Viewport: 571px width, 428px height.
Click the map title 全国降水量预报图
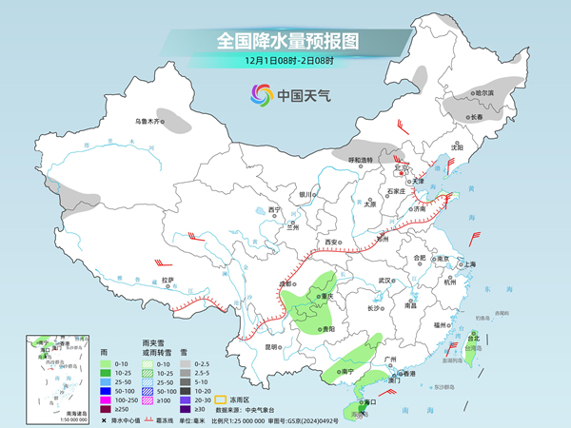[x=285, y=41]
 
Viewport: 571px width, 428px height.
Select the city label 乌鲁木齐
[x=149, y=121]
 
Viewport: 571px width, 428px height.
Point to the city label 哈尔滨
[x=484, y=92]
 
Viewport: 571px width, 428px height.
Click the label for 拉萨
[x=167, y=280]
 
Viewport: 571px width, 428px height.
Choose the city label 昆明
[x=270, y=346]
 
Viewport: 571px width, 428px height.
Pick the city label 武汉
[x=384, y=281]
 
